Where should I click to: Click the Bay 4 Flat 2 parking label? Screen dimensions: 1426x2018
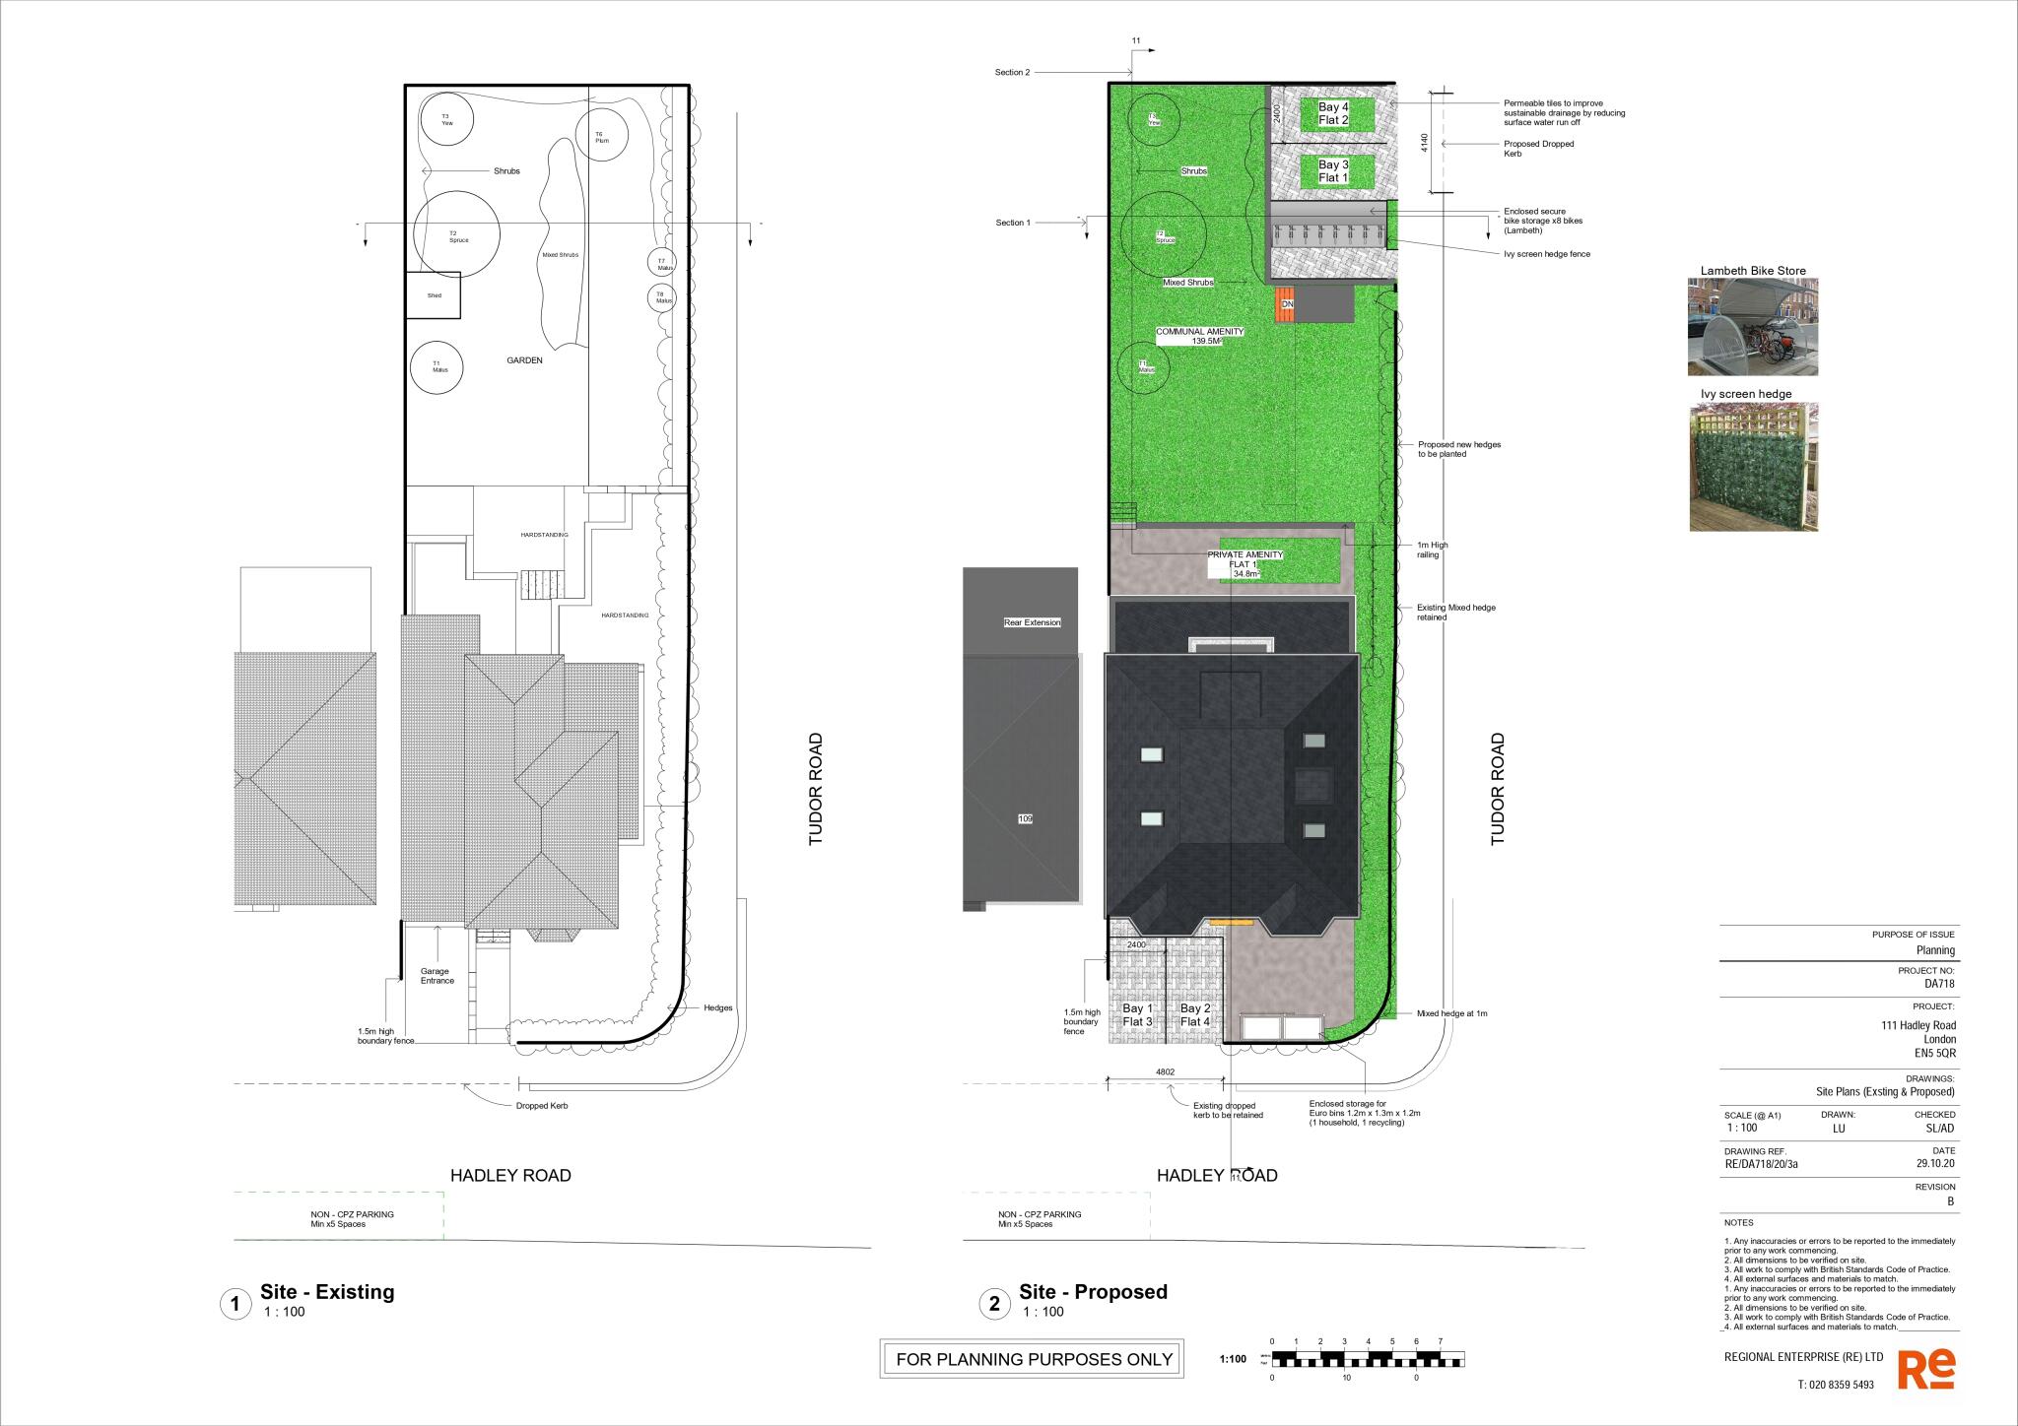pyautogui.click(x=1333, y=114)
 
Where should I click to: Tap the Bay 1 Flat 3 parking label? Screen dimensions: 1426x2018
pyautogui.click(x=1137, y=1015)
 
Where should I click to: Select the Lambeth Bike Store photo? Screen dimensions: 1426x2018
pyautogui.click(x=1753, y=326)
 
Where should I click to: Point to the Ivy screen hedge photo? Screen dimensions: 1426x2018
pyautogui.click(x=1753, y=467)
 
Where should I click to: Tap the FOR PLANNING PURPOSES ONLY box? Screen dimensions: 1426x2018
pyautogui.click(x=1034, y=1360)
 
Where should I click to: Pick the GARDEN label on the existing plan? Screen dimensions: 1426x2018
pyautogui.click(x=524, y=360)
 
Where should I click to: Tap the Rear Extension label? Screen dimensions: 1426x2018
pyautogui.click(x=1032, y=622)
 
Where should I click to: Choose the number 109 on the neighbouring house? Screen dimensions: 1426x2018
pyautogui.click(x=1025, y=818)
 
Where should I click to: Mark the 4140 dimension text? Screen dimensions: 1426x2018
pyautogui.click(x=1424, y=144)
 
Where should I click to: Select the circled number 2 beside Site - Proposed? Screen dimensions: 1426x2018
pyautogui.click(x=994, y=1305)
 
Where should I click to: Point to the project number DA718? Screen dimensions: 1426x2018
pyautogui.click(x=1938, y=983)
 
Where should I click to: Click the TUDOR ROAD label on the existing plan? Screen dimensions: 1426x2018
pyautogui.click(x=815, y=790)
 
